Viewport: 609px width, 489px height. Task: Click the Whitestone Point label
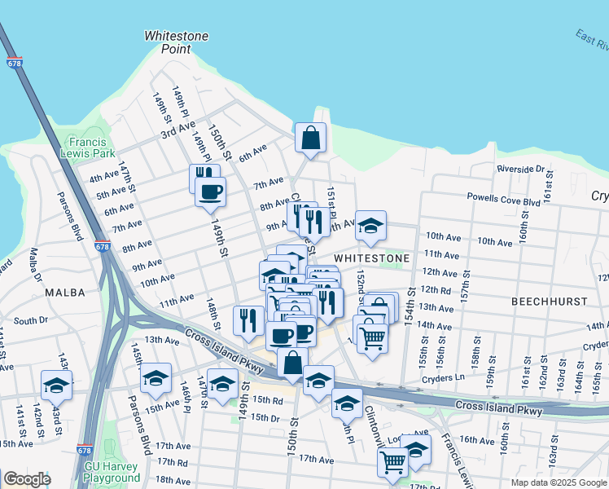click(x=176, y=42)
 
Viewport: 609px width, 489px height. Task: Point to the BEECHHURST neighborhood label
click(x=549, y=302)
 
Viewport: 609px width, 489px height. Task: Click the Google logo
click(x=27, y=479)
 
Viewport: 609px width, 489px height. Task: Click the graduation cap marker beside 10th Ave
click(x=370, y=226)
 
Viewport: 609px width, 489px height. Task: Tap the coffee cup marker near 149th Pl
click(x=211, y=192)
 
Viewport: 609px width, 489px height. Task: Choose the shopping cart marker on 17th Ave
click(x=392, y=462)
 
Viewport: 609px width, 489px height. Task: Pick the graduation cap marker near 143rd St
click(x=56, y=385)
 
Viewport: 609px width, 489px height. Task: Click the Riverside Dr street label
click(x=520, y=169)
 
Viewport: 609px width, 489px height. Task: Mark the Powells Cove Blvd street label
click(x=503, y=197)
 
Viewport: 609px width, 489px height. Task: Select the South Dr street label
click(x=30, y=321)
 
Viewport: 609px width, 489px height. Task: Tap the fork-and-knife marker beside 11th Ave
click(x=248, y=320)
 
